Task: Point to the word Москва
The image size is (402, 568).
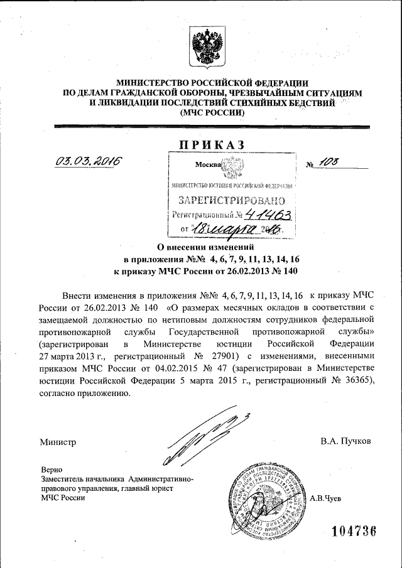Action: [x=209, y=166]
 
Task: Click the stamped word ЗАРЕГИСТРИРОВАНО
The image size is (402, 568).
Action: [x=233, y=201]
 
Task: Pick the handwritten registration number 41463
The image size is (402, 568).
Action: [x=271, y=215]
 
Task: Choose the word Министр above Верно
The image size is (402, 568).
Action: [x=58, y=441]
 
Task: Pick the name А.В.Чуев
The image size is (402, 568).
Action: [x=326, y=498]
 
